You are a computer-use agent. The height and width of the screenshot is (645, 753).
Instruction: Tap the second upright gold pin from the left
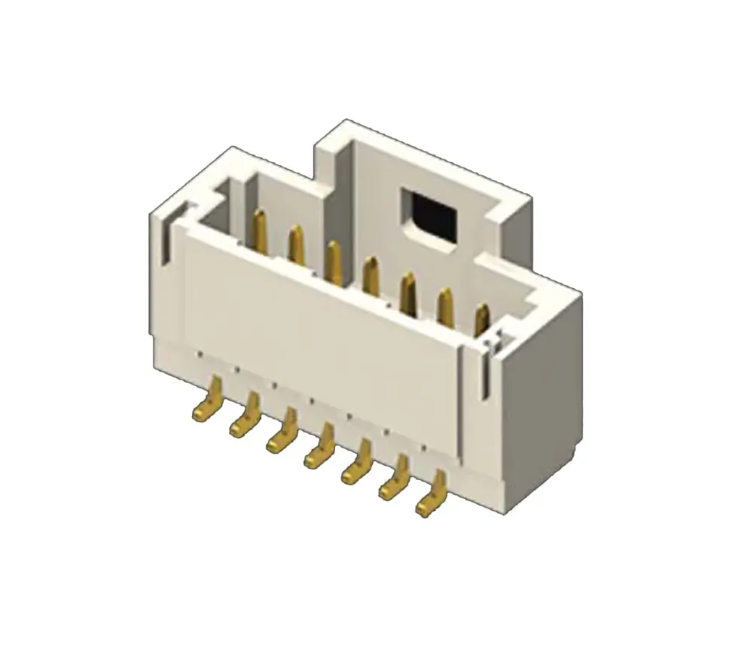(x=297, y=244)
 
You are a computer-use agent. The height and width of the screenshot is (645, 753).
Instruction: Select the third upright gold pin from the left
(x=334, y=261)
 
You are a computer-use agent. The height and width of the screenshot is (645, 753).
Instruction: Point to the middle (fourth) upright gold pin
(x=370, y=276)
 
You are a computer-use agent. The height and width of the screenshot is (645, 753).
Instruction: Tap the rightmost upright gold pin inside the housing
(x=482, y=319)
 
